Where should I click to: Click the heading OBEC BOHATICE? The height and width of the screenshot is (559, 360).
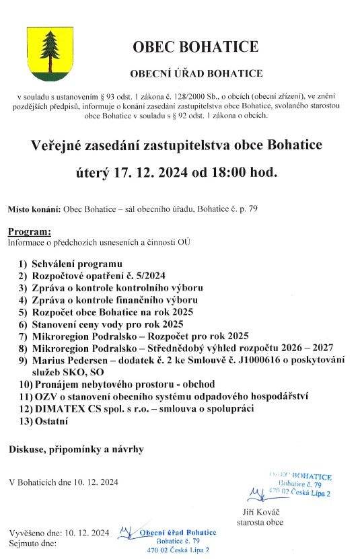click(x=195, y=46)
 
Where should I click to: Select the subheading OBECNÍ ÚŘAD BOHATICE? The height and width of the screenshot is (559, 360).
click(x=196, y=73)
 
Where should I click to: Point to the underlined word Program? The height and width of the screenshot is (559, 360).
click(x=29, y=231)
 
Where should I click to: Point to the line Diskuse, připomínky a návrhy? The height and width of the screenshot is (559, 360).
click(x=76, y=448)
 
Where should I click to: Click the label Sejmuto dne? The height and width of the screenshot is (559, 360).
click(x=32, y=540)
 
